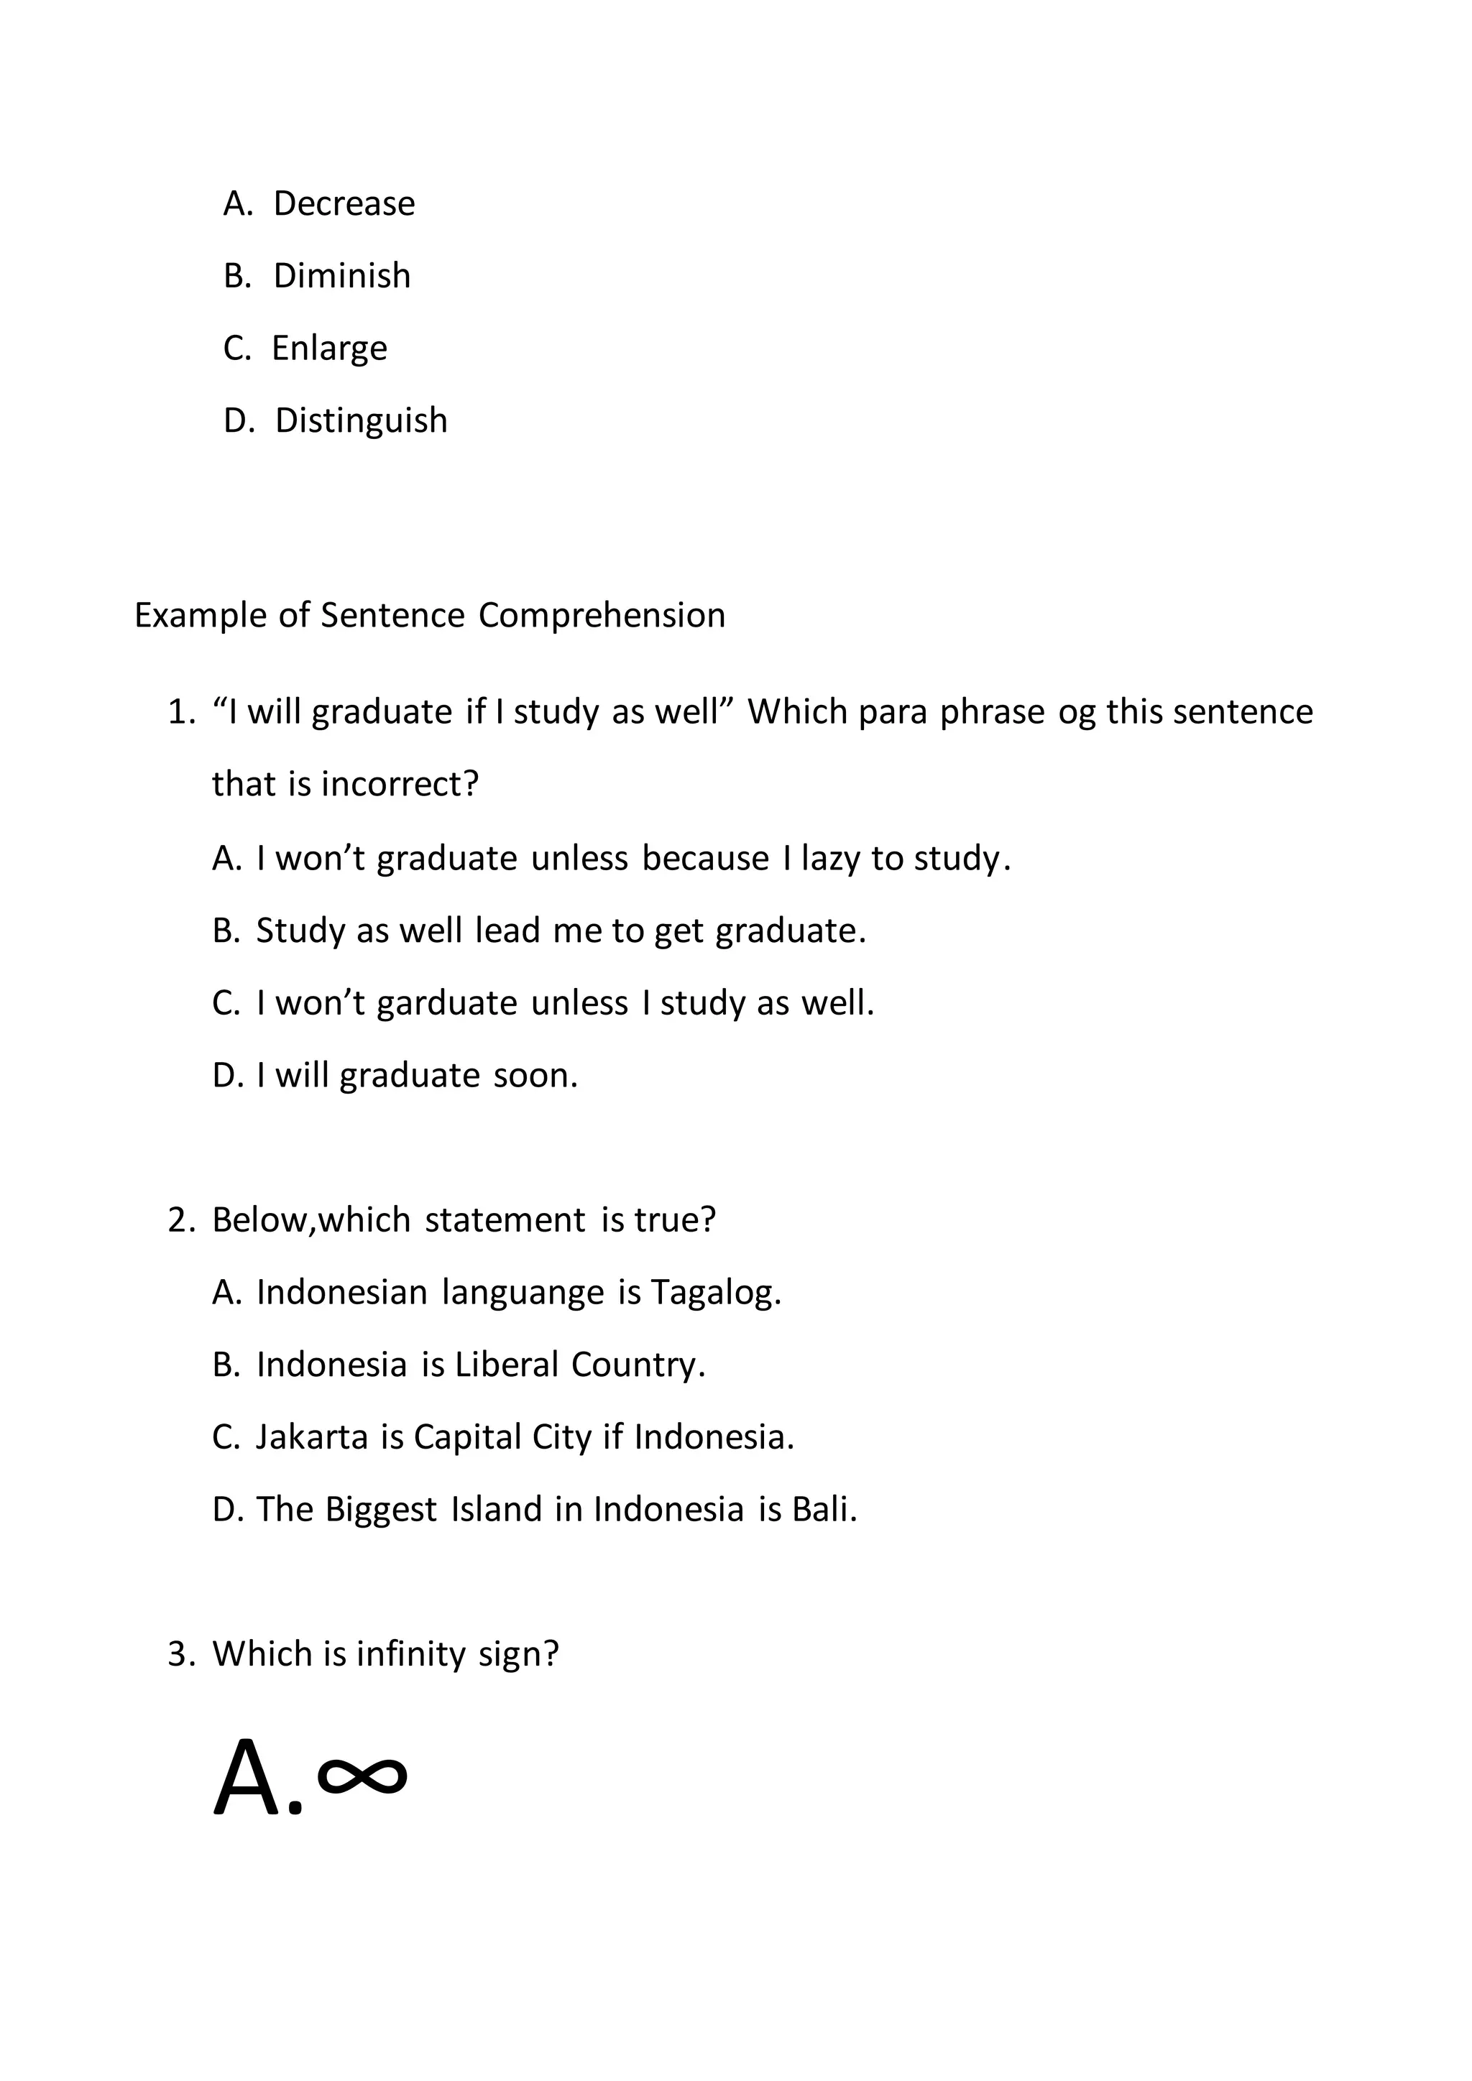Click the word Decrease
point(344,204)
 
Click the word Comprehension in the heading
point(602,615)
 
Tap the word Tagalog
point(715,1293)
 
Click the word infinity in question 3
point(410,1654)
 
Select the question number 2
point(178,1221)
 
